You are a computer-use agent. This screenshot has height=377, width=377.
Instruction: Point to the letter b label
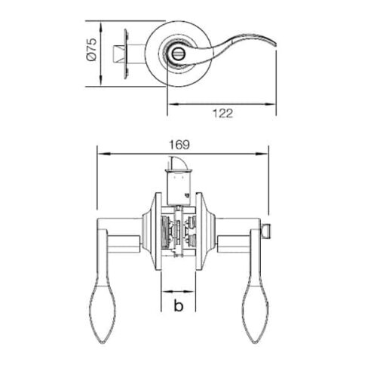179,305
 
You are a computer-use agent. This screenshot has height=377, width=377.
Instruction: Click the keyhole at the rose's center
179,54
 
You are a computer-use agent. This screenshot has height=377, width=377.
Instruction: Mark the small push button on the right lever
266,228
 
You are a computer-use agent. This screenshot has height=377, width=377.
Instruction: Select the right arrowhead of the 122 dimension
274,103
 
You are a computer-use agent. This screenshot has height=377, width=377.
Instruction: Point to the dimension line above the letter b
179,291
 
